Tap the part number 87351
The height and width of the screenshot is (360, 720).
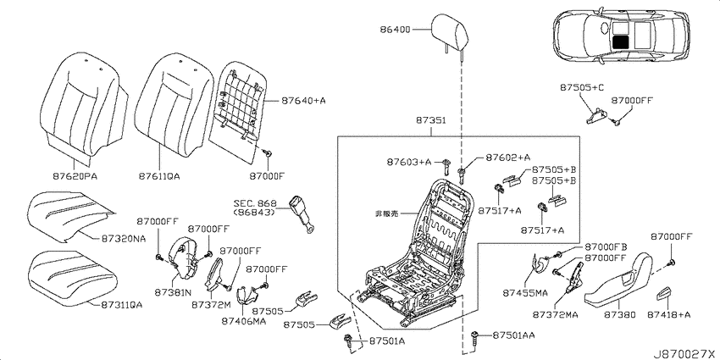coord(431,121)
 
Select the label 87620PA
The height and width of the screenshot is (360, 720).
coord(75,176)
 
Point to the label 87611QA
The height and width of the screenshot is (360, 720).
coord(159,176)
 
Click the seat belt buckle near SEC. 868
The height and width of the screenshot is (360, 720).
coord(302,214)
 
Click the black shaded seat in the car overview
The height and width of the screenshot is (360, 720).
coord(621,42)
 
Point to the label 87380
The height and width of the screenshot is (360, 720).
coord(620,314)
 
